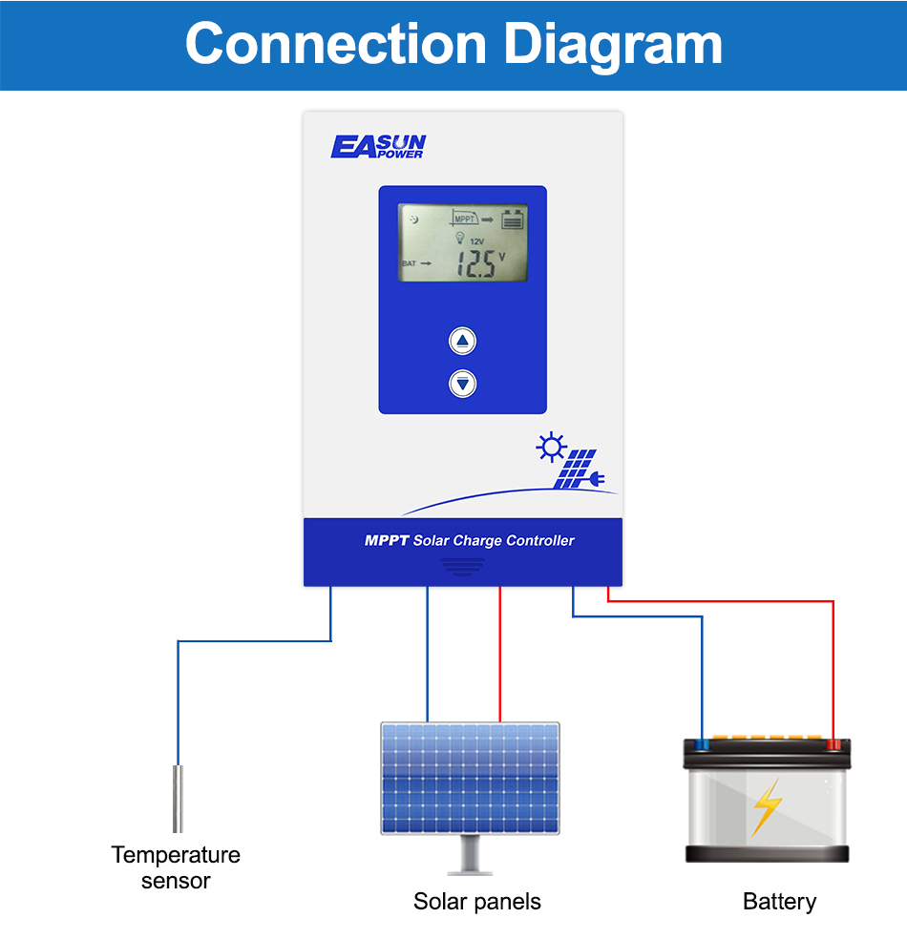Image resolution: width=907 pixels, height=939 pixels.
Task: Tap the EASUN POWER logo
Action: (x=378, y=146)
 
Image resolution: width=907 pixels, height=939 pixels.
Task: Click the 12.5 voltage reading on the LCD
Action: (x=476, y=264)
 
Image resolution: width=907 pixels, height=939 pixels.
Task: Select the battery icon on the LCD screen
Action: (x=514, y=219)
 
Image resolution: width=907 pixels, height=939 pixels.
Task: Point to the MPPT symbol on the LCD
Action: (x=465, y=219)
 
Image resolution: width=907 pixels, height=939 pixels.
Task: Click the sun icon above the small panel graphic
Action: (x=551, y=448)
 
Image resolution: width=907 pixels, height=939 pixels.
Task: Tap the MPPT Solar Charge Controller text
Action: (x=470, y=541)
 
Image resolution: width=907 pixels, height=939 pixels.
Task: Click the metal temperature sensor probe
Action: (x=178, y=798)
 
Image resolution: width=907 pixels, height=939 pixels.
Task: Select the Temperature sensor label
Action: (x=176, y=867)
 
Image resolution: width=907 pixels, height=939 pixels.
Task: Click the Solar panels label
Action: (x=476, y=902)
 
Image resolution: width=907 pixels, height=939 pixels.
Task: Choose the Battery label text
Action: (x=779, y=902)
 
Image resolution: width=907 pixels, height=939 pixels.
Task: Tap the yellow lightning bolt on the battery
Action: (x=766, y=807)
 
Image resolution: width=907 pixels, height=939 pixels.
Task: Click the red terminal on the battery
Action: (x=833, y=743)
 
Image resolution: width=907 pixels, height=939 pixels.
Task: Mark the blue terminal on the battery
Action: (x=703, y=743)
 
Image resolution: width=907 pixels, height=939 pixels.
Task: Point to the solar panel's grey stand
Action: (x=471, y=855)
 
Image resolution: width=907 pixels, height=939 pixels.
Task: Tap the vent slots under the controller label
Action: (x=463, y=566)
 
